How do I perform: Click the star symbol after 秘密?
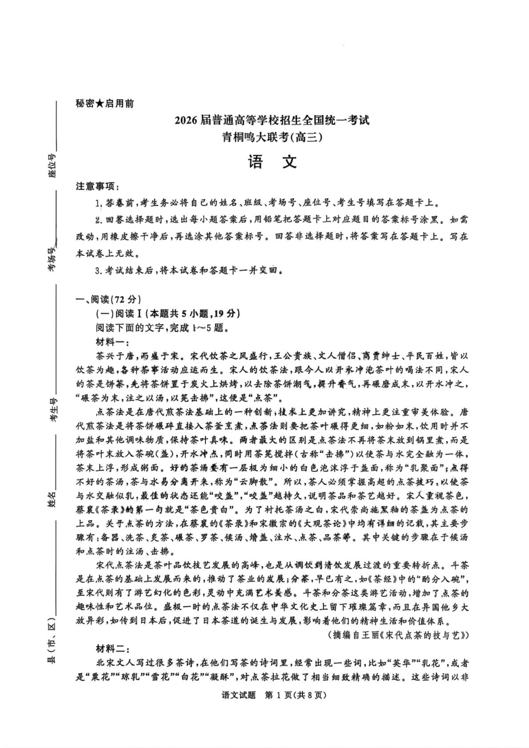pyautogui.click(x=100, y=103)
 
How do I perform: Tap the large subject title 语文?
pyautogui.click(x=272, y=162)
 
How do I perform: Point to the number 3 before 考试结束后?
pyautogui.click(x=98, y=271)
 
